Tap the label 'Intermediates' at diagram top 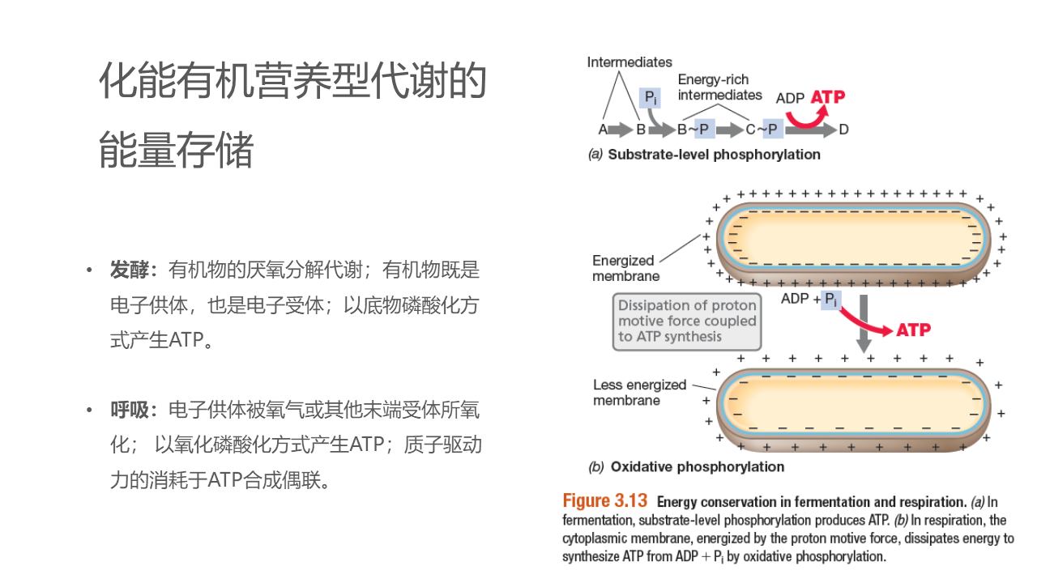(629, 62)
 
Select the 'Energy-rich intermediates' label (719, 87)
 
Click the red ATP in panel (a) (827, 97)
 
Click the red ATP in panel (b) (913, 330)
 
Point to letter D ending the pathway (844, 130)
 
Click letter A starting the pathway (603, 130)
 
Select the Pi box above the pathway (650, 99)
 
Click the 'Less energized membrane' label (639, 393)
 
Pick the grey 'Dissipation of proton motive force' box (687, 321)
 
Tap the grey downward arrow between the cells (864, 324)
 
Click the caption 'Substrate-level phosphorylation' (713, 155)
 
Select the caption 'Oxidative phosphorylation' (697, 467)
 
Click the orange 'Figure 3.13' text (605, 501)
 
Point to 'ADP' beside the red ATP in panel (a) (790, 98)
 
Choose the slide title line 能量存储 (177, 151)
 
